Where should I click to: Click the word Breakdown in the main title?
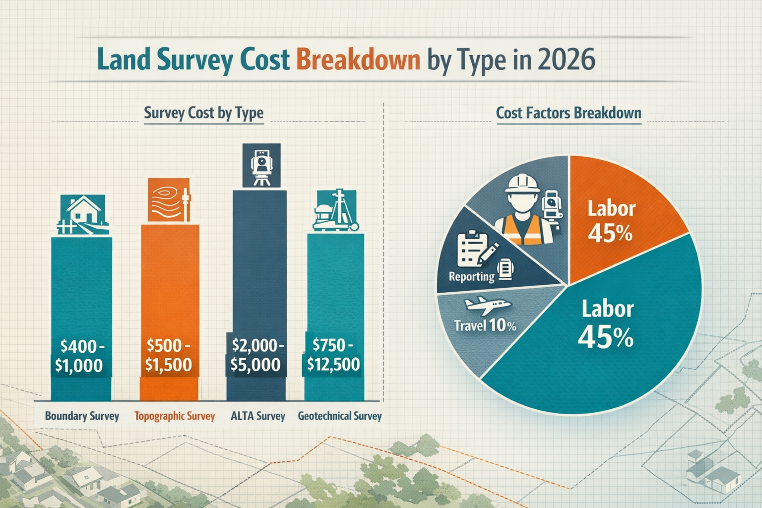coord(358,60)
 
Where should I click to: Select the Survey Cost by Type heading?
coord(203,113)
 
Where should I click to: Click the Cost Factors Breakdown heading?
coord(569,113)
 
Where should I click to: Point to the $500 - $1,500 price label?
coord(169,355)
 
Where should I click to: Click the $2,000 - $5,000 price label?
coord(256,355)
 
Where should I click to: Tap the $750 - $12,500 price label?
coord(333,355)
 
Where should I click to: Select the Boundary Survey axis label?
coord(82,416)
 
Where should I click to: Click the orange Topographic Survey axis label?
coord(175,416)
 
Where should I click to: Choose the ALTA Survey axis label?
coord(258,416)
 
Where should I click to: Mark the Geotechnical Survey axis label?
coord(340,416)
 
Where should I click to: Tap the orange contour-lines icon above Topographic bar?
coord(169,200)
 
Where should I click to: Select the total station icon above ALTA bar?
coord(261,166)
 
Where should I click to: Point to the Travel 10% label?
coord(485,326)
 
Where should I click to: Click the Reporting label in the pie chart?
coord(471,276)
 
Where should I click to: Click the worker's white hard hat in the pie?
coord(522,184)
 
